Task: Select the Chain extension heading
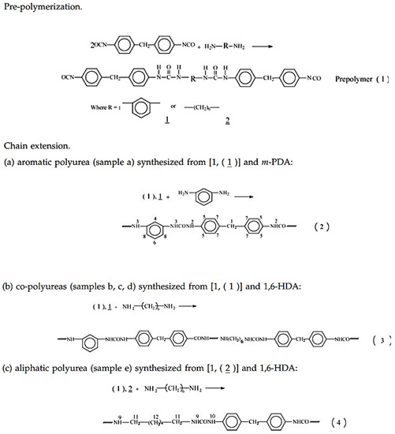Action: pyautogui.click(x=33, y=147)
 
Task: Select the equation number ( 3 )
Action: pyautogui.click(x=376, y=340)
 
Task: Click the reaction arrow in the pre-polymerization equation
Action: pyautogui.click(x=266, y=46)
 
